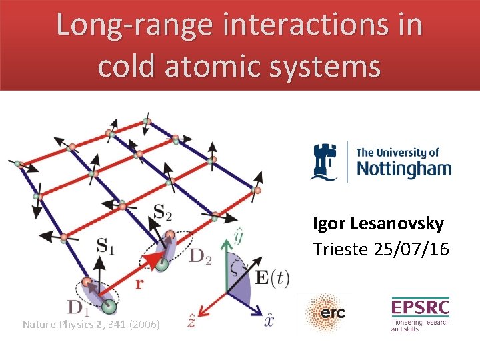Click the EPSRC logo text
click(420, 307)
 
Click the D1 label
click(78, 307)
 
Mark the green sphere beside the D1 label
click(109, 307)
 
